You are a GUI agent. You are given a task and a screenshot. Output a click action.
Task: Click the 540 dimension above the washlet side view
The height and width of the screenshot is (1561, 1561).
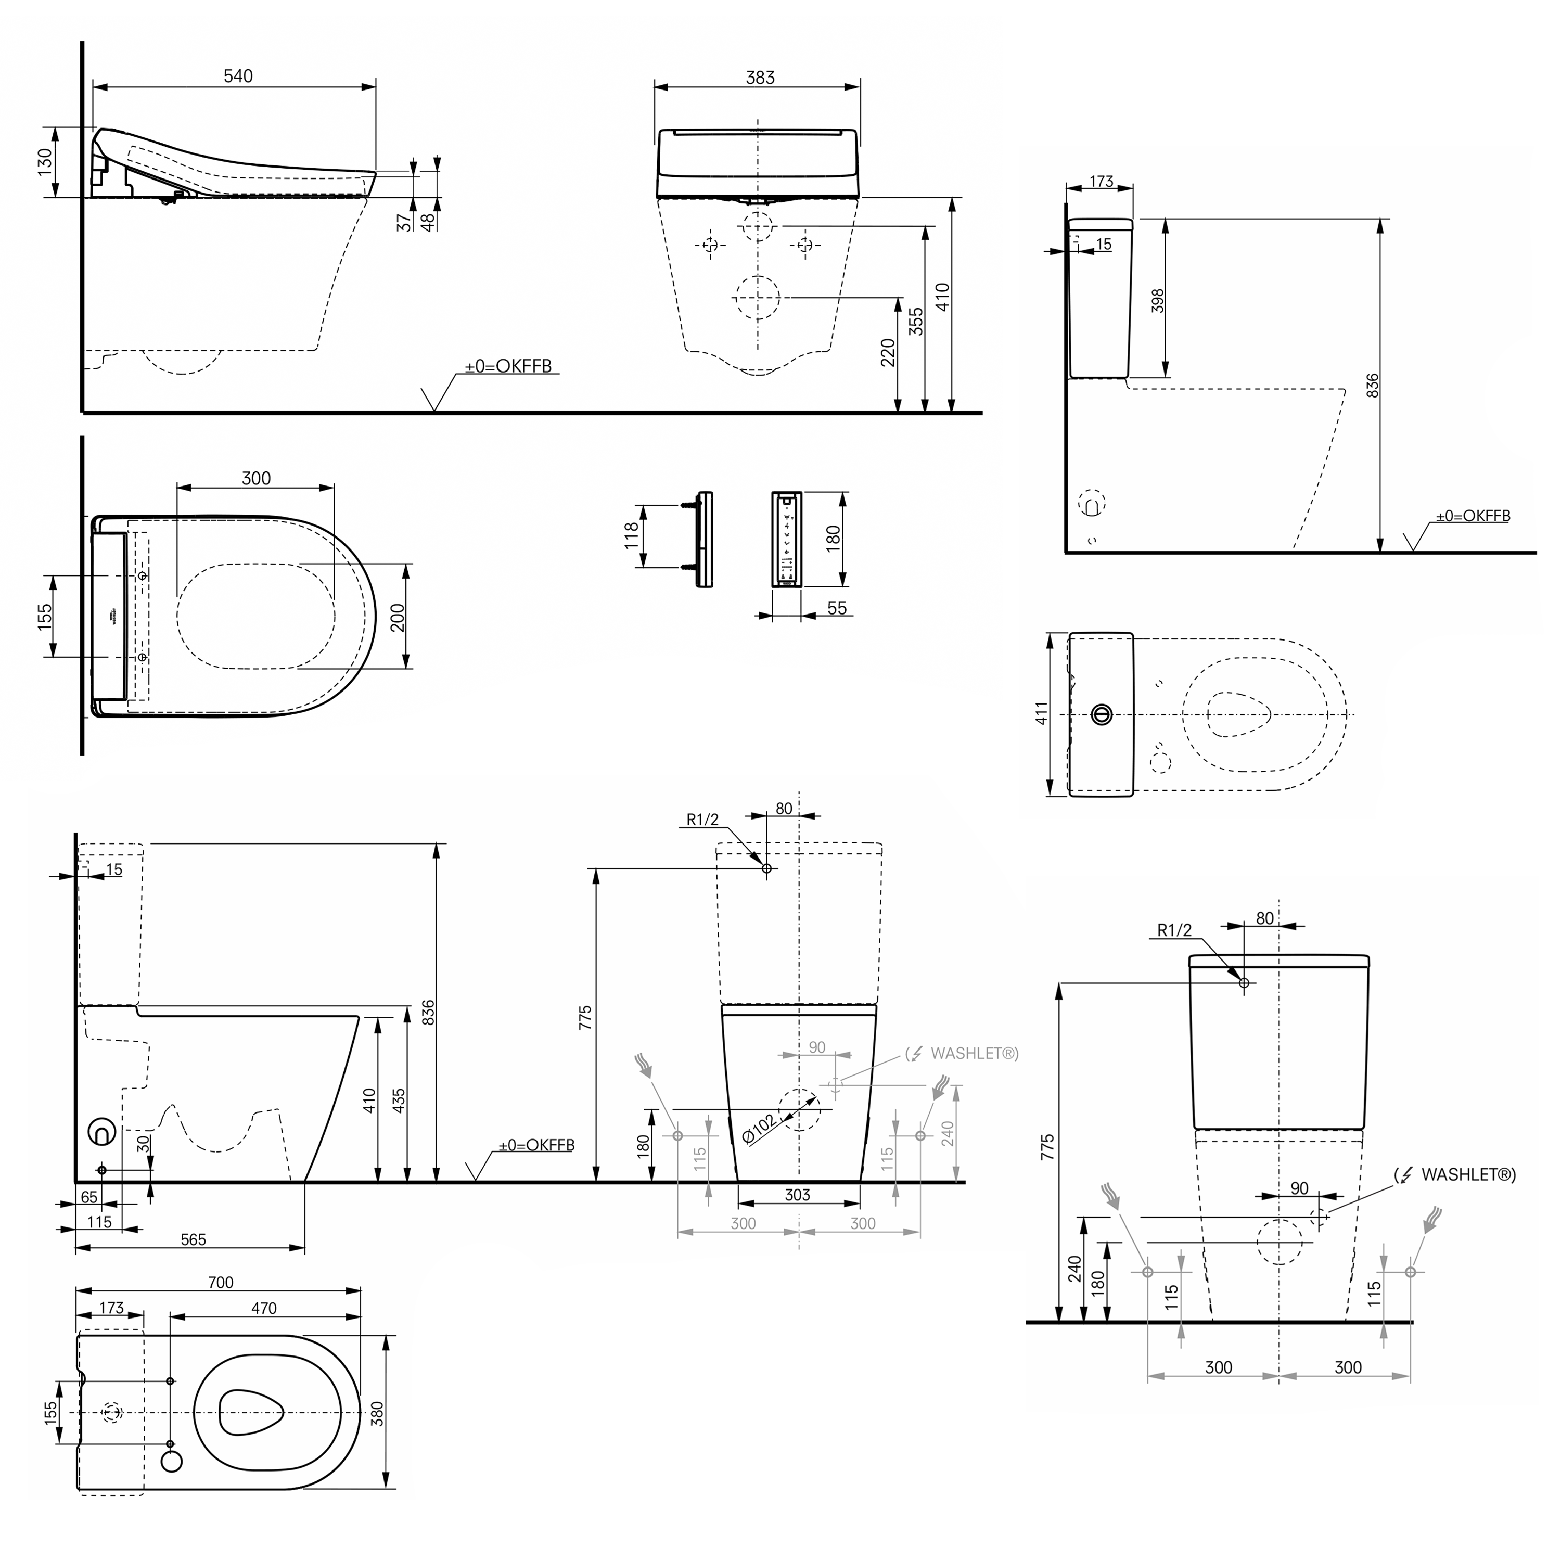[x=238, y=76]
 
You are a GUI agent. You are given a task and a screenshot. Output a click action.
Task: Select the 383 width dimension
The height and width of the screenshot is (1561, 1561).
[x=760, y=78]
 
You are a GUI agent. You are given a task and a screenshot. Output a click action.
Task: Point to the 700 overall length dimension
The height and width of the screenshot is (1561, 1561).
[x=220, y=1282]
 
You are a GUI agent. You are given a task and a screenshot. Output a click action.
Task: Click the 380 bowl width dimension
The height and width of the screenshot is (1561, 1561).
[x=377, y=1413]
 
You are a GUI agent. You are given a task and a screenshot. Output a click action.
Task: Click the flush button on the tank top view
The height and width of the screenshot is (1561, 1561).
[x=1101, y=714]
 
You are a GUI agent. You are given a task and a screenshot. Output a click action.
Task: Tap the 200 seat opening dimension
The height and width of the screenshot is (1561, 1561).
[x=396, y=617]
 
